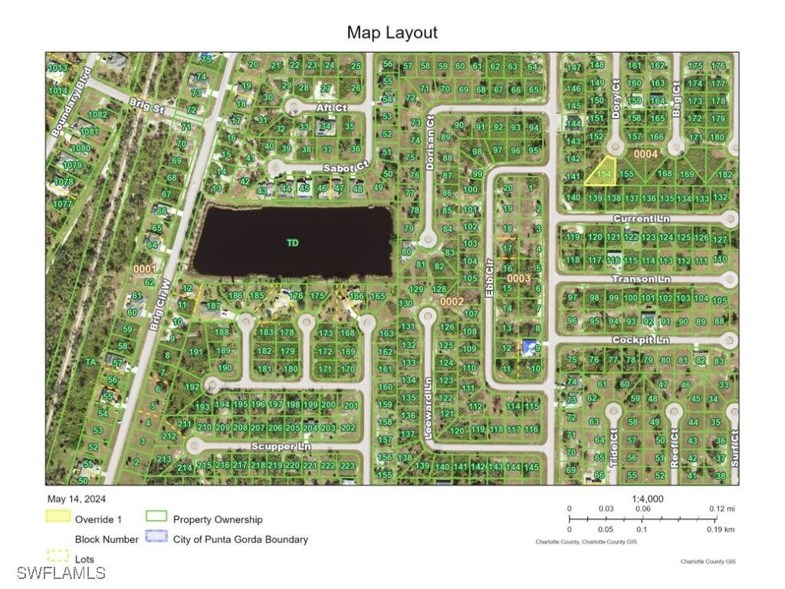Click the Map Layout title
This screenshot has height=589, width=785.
(392, 32)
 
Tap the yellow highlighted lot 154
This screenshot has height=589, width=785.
(603, 172)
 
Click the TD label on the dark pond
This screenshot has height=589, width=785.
(292, 242)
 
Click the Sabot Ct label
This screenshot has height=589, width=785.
(343, 166)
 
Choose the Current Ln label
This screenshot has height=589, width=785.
(641, 219)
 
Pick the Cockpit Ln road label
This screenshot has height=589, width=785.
(640, 340)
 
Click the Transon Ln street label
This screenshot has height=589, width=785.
(641, 279)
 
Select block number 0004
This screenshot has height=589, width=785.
(645, 154)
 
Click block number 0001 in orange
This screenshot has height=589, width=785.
(144, 269)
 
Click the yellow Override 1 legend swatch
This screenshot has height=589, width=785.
(58, 517)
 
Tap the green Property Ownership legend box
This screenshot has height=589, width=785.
(156, 517)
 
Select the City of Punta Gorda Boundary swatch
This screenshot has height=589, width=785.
(156, 538)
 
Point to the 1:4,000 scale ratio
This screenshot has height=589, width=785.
(648, 499)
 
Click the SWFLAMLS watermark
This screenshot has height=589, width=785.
(61, 573)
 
